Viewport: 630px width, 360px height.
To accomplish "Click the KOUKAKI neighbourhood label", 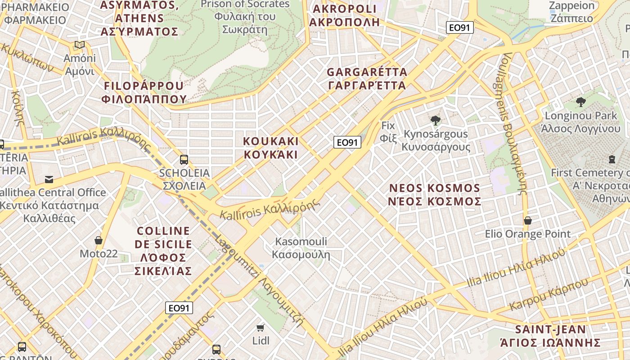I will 270,148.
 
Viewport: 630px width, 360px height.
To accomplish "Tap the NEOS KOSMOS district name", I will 435,194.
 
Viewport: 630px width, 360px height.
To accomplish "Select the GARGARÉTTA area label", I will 367,78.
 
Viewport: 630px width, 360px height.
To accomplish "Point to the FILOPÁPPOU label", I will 144,92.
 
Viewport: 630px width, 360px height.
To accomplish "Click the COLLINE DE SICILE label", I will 164,251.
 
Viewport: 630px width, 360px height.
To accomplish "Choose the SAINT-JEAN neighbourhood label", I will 551,336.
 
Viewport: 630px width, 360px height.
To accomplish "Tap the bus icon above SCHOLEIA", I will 184,159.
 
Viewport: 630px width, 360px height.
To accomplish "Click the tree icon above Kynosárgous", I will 435,120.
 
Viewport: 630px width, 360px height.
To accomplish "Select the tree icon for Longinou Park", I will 580,102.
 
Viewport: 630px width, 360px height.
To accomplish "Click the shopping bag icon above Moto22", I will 99,240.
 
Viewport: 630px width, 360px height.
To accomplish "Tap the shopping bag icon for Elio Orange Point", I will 527,220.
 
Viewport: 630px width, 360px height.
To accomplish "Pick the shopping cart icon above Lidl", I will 261,327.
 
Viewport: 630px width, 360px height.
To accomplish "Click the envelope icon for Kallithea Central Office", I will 49,180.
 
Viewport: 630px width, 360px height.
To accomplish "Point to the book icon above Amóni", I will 80,45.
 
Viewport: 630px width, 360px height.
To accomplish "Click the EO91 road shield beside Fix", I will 347,142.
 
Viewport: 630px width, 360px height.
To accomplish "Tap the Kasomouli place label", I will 301,248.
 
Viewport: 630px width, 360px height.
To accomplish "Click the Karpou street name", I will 549,295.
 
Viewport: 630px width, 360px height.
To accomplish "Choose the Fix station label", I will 388,131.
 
